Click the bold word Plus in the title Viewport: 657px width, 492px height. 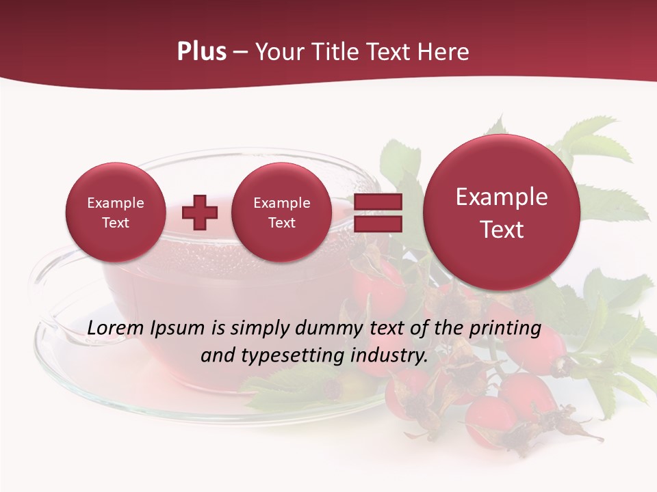(201, 52)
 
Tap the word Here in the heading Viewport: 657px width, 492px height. (443, 52)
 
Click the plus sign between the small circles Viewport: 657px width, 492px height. (200, 213)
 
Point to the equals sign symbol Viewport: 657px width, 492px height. (377, 213)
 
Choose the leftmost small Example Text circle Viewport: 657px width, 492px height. (115, 213)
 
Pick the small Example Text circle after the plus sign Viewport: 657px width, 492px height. (281, 213)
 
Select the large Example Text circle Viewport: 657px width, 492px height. (502, 213)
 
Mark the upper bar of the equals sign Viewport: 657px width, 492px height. (377, 202)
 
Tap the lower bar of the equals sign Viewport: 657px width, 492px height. (377, 223)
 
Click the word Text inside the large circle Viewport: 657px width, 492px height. (502, 230)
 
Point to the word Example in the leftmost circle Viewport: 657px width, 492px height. (115, 203)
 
